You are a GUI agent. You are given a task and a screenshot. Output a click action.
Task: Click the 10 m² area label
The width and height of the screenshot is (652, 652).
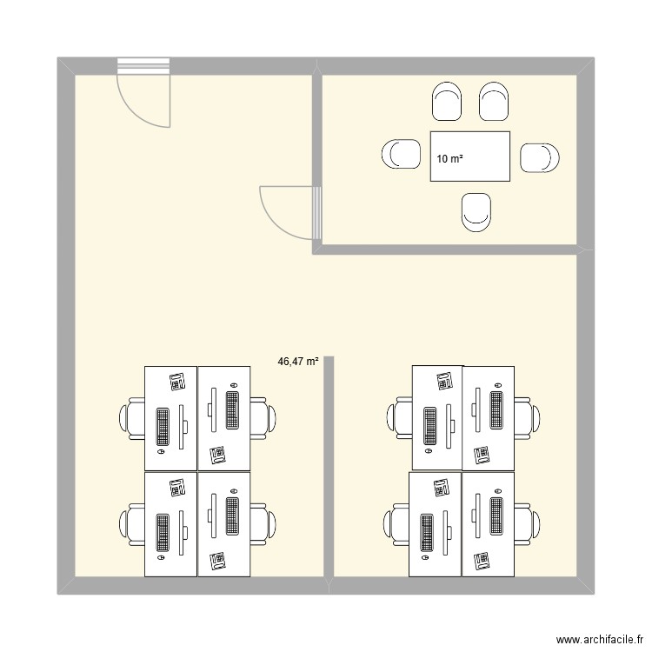(449, 159)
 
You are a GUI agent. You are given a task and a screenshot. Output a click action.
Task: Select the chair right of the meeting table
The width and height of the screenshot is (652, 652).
(539, 157)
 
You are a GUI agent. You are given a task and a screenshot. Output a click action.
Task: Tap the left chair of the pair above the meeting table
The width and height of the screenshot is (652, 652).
(447, 102)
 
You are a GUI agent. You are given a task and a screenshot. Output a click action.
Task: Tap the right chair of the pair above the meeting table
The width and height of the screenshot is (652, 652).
(493, 102)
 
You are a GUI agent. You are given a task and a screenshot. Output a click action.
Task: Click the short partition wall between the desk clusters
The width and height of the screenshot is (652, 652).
(329, 469)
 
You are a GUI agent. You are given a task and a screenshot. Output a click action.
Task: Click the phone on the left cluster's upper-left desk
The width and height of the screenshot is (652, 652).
(178, 381)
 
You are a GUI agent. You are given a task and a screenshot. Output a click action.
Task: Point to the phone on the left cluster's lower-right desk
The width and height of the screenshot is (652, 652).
(217, 561)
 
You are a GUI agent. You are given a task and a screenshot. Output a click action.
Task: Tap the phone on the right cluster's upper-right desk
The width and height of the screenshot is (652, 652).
(482, 454)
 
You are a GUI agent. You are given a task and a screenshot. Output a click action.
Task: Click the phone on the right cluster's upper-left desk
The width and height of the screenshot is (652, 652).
(445, 379)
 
